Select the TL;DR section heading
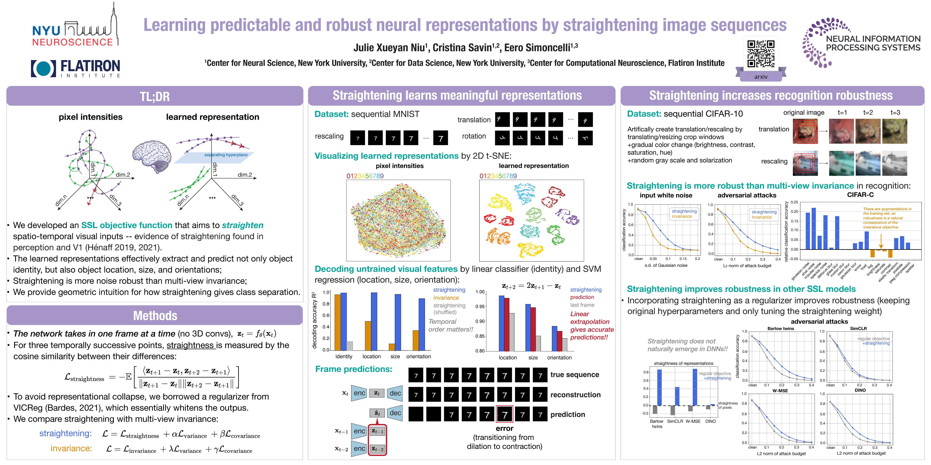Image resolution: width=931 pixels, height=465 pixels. tap(155, 96)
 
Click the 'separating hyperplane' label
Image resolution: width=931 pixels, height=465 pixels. tap(226, 155)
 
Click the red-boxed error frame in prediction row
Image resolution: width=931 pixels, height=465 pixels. tap(505, 414)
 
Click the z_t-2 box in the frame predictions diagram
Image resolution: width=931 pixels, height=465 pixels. tap(377, 449)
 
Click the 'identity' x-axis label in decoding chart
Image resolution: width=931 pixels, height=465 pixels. tap(344, 356)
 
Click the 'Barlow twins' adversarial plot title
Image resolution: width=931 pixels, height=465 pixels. tap(781, 329)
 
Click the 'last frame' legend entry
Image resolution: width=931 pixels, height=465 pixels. tap(582, 305)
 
